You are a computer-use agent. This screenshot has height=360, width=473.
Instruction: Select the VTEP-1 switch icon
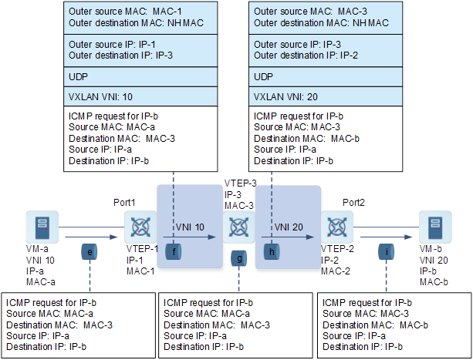140,229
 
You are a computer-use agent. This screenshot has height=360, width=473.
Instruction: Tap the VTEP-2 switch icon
336,229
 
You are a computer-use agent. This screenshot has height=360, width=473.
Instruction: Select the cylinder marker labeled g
241,259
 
